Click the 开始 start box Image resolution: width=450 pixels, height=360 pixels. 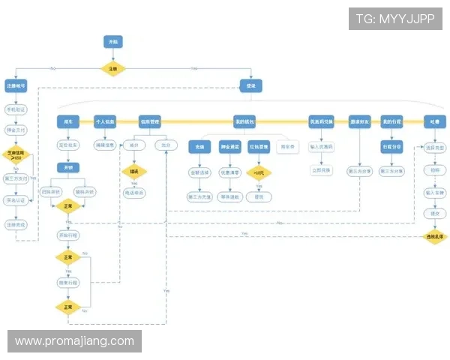113,42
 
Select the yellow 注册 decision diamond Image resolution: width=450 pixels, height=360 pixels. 113,68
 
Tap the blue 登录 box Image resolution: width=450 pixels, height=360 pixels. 250,86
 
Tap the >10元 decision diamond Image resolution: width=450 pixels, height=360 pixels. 259,172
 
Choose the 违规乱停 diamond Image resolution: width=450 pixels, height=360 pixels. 434,236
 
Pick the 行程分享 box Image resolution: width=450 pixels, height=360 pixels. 391,146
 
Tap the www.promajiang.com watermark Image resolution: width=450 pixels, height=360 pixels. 74,341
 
